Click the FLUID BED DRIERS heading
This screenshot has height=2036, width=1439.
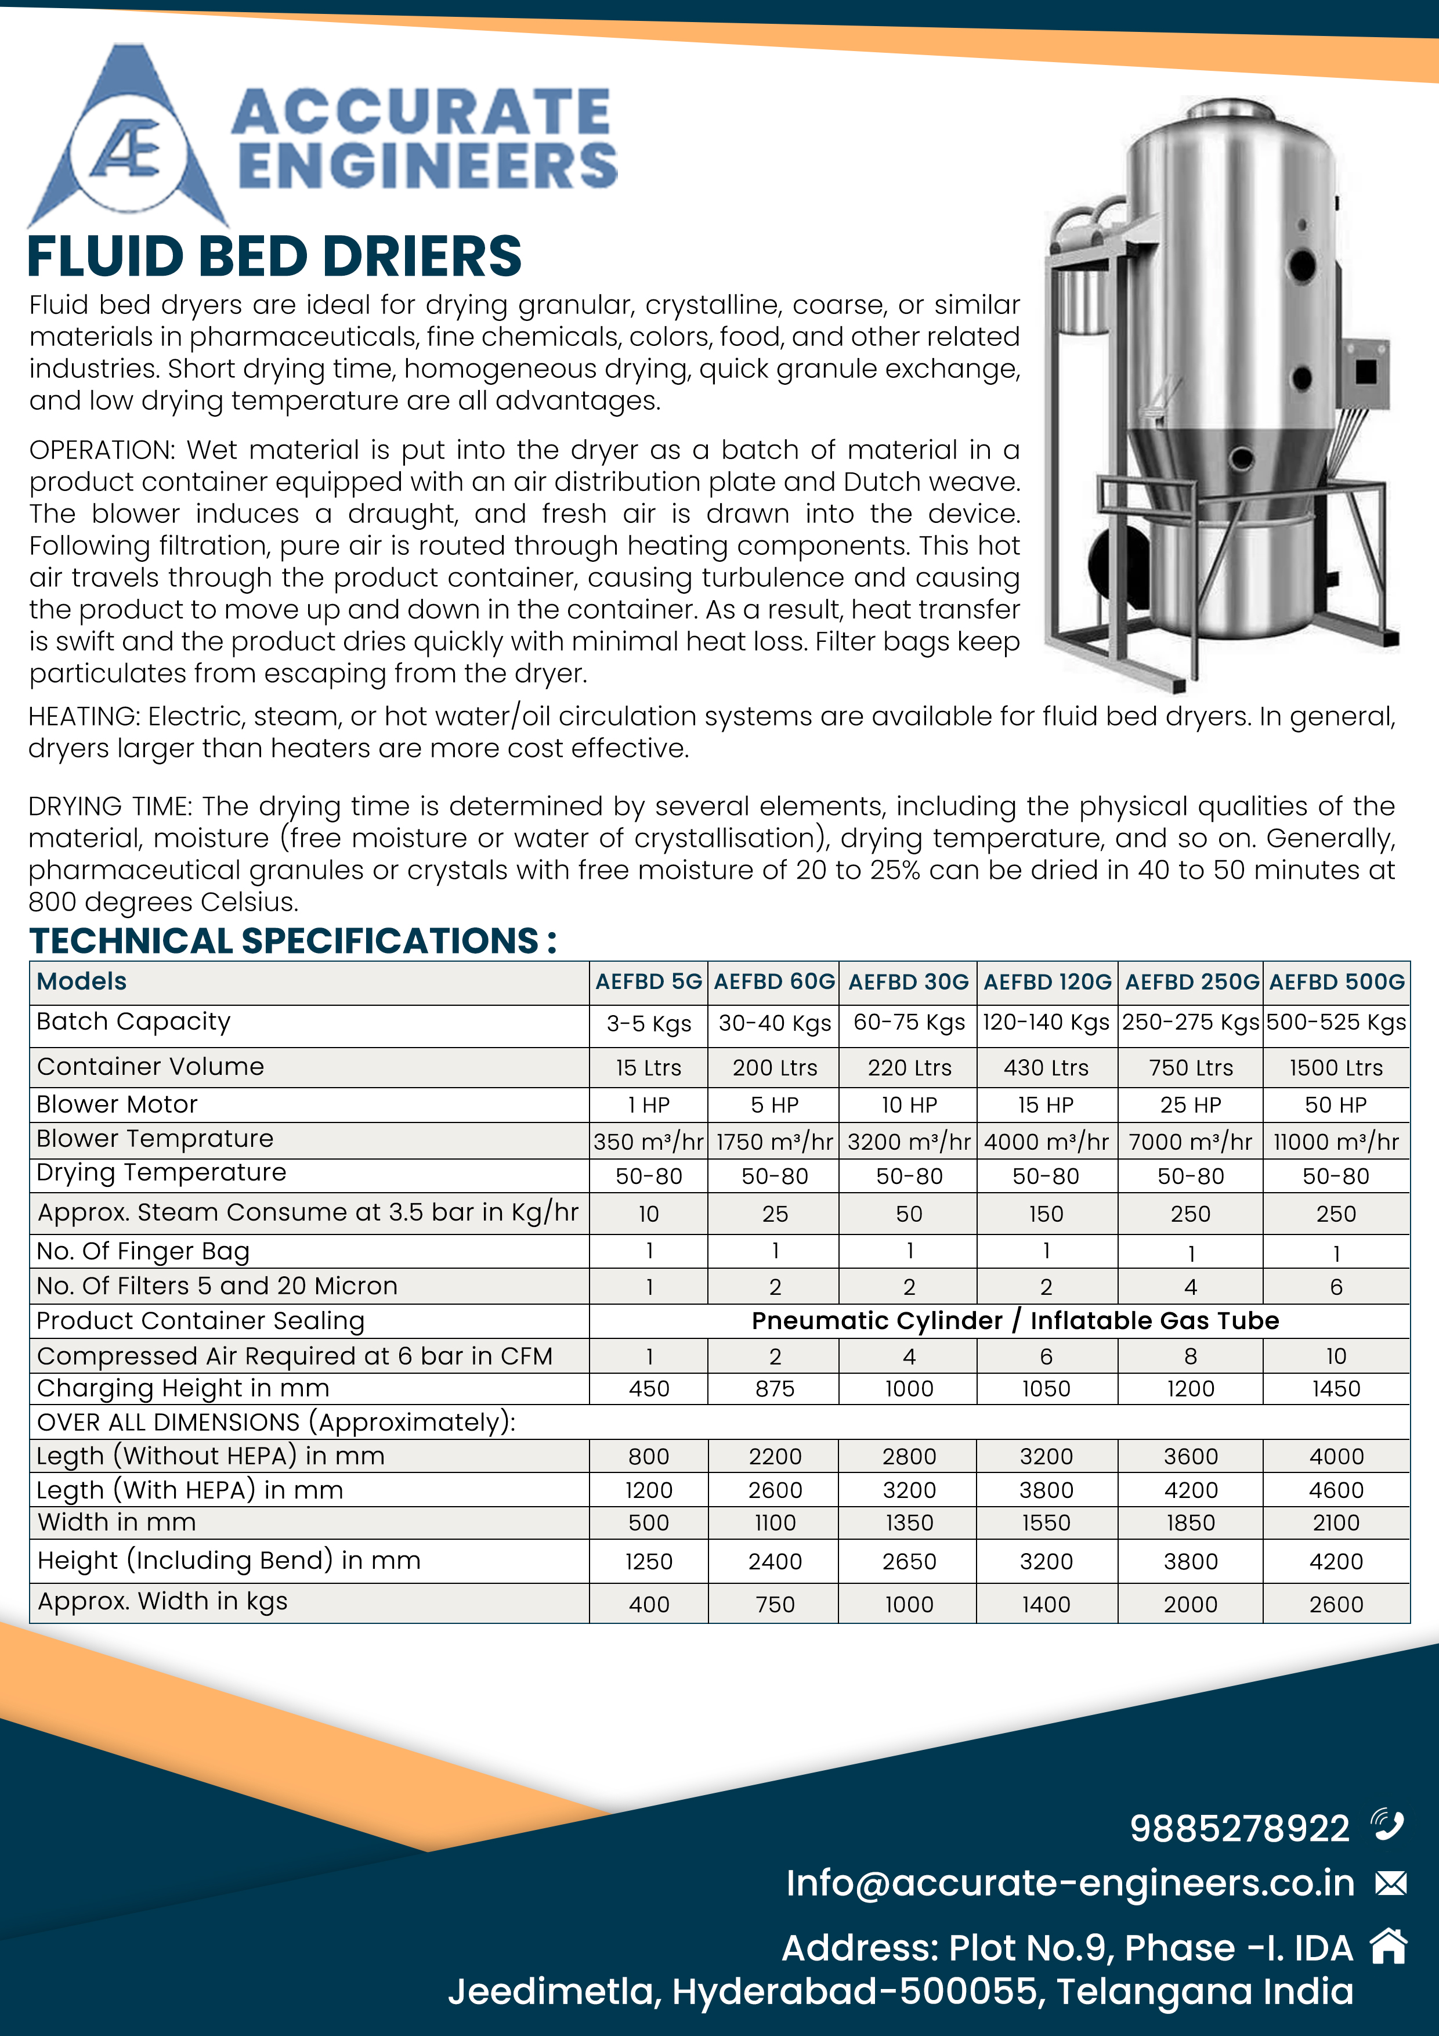click(x=275, y=257)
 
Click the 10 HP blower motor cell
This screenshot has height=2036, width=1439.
click(x=909, y=1105)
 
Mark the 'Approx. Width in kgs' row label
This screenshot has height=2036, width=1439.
click(x=162, y=1601)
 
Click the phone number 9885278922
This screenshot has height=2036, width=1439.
click(x=1239, y=1828)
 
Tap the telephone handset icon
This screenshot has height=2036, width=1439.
click(x=1387, y=1825)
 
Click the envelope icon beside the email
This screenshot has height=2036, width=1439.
click(x=1390, y=1883)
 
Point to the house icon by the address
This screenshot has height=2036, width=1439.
click(x=1389, y=1947)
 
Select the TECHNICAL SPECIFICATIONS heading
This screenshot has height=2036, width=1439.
click(x=292, y=941)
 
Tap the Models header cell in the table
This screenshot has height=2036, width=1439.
click(x=82, y=981)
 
